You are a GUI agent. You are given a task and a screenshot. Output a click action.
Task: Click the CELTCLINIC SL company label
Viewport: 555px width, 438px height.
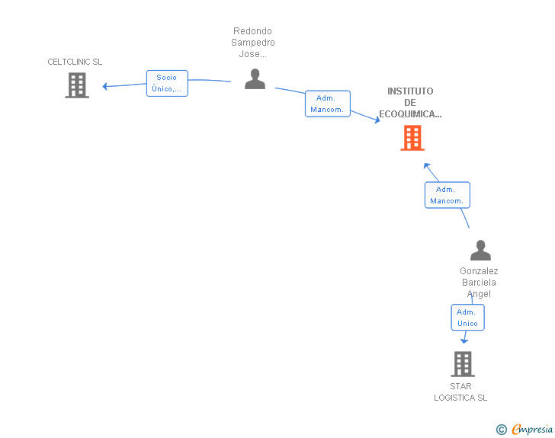coord(75,62)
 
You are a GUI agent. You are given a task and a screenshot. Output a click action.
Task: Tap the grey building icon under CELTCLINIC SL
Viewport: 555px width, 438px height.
coord(76,85)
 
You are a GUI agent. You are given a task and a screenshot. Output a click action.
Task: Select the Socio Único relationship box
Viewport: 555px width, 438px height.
coord(167,83)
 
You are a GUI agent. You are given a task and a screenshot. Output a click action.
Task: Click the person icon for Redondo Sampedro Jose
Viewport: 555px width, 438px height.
coord(255,79)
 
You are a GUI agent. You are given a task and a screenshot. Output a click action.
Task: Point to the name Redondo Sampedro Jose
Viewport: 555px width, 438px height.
coord(253,43)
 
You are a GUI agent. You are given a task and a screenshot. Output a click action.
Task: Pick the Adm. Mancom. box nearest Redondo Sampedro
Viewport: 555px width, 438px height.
coord(327,104)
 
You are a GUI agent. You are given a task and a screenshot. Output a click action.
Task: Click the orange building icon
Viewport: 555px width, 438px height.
coord(412,138)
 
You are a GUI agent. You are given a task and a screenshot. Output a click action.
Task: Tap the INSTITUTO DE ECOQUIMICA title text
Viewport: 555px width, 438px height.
coord(410,103)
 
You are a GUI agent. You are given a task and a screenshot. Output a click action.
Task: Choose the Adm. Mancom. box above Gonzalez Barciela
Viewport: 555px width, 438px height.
coord(447,195)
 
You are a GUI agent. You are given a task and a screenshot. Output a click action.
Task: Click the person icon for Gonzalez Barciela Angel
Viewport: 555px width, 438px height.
coord(480,251)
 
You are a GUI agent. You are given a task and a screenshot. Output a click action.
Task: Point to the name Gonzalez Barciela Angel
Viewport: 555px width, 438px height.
coord(479,283)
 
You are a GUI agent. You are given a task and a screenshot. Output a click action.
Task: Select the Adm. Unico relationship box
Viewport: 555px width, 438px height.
coord(467,318)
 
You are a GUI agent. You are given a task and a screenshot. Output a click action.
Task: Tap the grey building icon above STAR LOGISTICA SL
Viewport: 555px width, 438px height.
coord(462,364)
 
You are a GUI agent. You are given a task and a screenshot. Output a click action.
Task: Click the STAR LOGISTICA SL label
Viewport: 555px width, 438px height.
coord(460,392)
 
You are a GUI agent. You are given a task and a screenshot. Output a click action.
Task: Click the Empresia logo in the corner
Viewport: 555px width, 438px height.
coord(531,430)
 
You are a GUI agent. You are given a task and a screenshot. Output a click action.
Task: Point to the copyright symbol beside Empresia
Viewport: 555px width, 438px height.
coord(501,430)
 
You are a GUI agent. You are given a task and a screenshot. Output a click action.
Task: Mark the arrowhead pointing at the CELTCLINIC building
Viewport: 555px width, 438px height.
coord(105,86)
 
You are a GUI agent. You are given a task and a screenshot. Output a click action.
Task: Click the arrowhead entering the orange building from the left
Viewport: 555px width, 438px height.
coord(377,120)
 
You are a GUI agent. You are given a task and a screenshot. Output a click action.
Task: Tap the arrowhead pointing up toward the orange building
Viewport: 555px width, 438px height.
coord(427,165)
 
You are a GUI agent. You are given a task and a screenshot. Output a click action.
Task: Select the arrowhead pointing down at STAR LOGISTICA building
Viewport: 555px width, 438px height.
coord(464,340)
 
